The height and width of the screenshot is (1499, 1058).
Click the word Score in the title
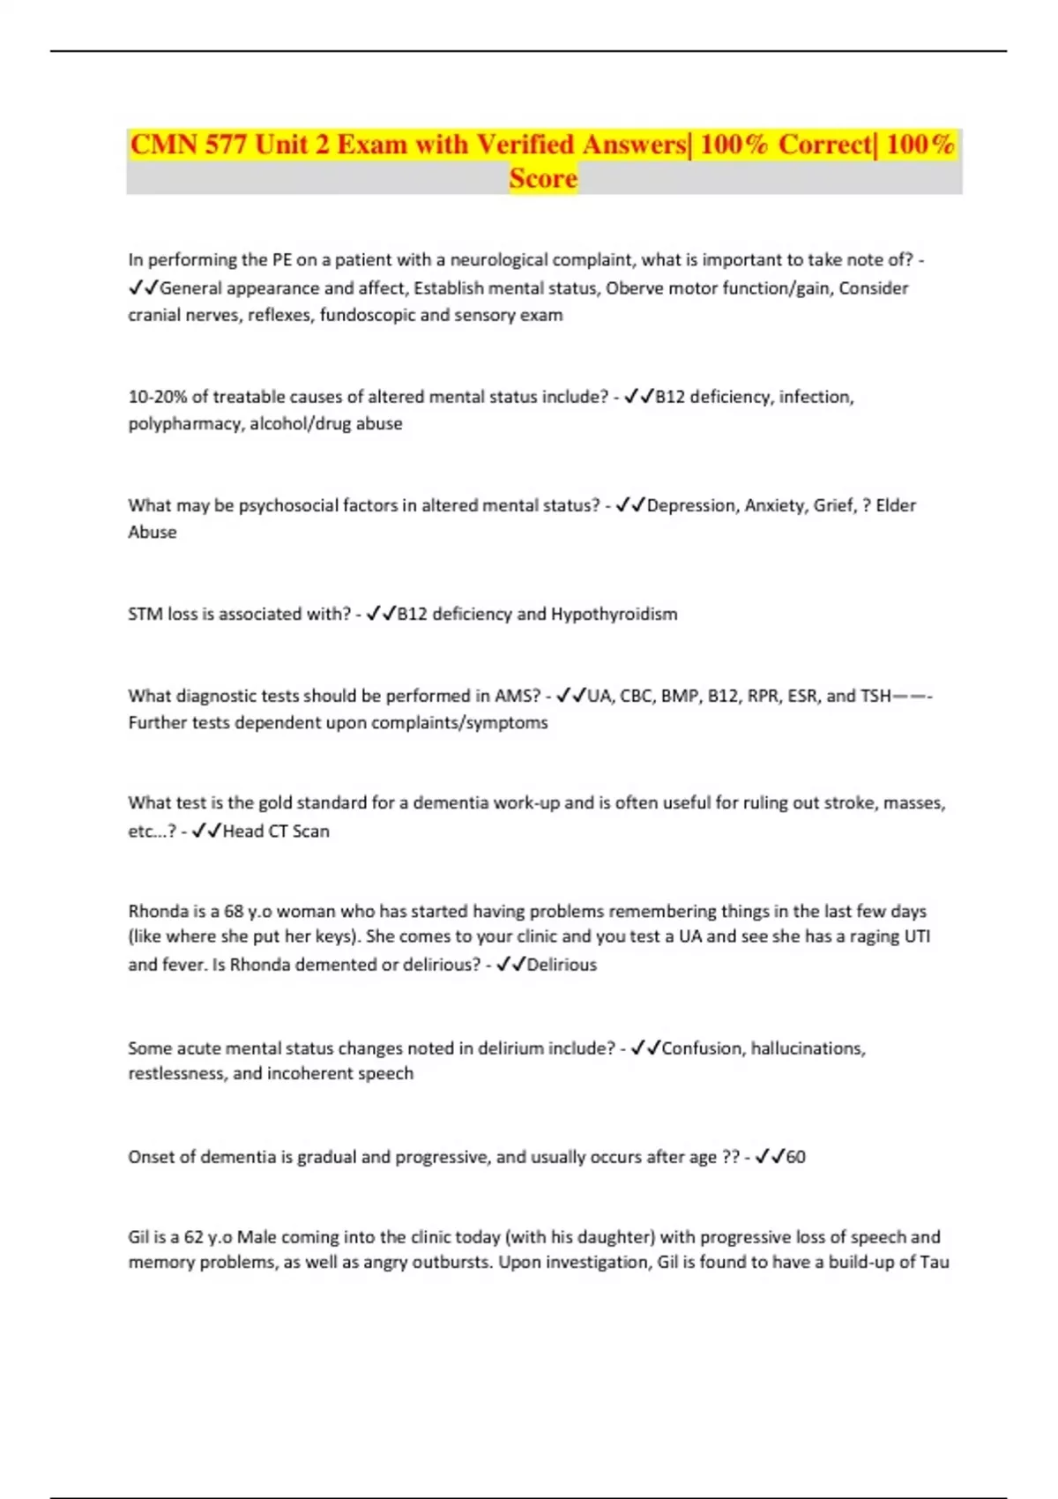(x=543, y=178)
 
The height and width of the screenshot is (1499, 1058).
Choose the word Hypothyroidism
(x=614, y=614)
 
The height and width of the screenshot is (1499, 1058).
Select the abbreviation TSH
(x=875, y=696)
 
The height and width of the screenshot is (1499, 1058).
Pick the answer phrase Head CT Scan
(x=276, y=831)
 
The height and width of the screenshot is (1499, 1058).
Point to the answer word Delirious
(x=562, y=965)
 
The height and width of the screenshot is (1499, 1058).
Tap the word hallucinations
(x=807, y=1048)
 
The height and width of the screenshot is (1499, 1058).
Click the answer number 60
(x=795, y=1157)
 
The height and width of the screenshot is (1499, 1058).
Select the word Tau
(x=935, y=1262)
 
